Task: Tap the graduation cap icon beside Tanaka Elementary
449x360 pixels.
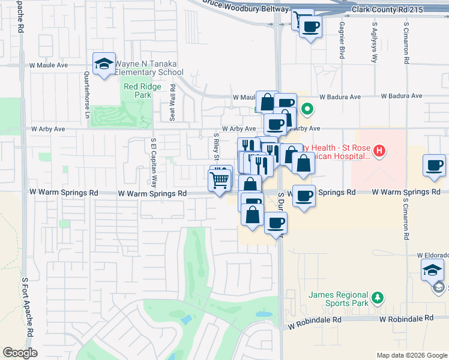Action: click(x=104, y=64)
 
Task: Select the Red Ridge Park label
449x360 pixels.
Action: click(x=137, y=91)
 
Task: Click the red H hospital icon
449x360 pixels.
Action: click(x=379, y=151)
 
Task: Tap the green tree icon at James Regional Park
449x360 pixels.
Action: click(x=377, y=298)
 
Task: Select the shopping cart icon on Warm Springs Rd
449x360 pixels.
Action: click(x=220, y=179)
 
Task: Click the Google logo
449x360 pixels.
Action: click(x=20, y=353)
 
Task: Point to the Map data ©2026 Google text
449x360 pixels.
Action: click(x=411, y=355)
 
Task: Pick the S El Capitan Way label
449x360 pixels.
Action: click(x=154, y=162)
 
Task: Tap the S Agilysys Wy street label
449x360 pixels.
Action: click(x=374, y=43)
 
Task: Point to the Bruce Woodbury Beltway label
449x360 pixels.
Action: click(x=246, y=5)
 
